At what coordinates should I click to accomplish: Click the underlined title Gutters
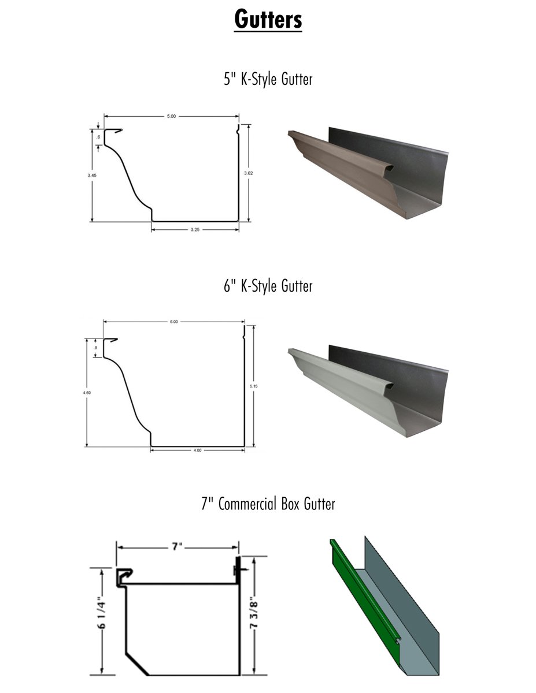(268, 19)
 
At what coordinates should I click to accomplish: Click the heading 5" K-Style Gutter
(268, 79)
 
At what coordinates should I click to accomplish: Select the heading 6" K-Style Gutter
(268, 285)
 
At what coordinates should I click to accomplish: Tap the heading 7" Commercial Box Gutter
(268, 504)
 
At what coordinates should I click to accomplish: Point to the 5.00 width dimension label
(172, 117)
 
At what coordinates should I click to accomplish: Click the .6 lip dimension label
(99, 137)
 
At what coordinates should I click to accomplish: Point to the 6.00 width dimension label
(173, 322)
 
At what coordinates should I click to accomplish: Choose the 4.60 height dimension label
(87, 392)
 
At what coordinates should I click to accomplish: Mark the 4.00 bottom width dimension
(197, 450)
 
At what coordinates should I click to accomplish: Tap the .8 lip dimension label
(95, 348)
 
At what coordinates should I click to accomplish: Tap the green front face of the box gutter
(361, 595)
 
